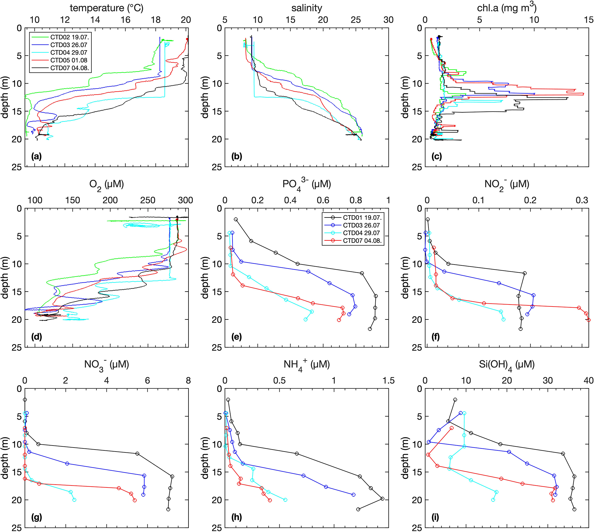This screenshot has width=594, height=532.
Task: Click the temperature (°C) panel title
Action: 106,8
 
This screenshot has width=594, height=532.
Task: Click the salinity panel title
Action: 307,8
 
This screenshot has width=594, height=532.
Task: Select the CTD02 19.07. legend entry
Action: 70,37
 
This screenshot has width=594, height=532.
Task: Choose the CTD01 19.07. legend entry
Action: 362,217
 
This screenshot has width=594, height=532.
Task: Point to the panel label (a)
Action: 36,157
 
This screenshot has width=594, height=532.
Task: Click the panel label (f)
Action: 435,337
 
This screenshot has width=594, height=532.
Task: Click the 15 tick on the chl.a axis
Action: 589,20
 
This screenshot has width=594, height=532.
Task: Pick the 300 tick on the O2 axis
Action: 185,200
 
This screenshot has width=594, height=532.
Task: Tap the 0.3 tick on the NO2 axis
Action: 582,200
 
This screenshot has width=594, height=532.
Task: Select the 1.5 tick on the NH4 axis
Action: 389,381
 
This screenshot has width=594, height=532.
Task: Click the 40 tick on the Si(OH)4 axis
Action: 589,381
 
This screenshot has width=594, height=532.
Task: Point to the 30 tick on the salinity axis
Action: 389,20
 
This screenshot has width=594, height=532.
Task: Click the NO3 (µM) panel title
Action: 106,365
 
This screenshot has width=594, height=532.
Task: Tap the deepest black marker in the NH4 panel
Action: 358,509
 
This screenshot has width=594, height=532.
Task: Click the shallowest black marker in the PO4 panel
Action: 236,219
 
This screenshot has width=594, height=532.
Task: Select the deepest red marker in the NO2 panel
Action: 589,320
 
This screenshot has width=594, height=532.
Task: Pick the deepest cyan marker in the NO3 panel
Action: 74,500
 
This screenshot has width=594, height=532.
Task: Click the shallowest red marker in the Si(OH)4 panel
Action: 451,428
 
